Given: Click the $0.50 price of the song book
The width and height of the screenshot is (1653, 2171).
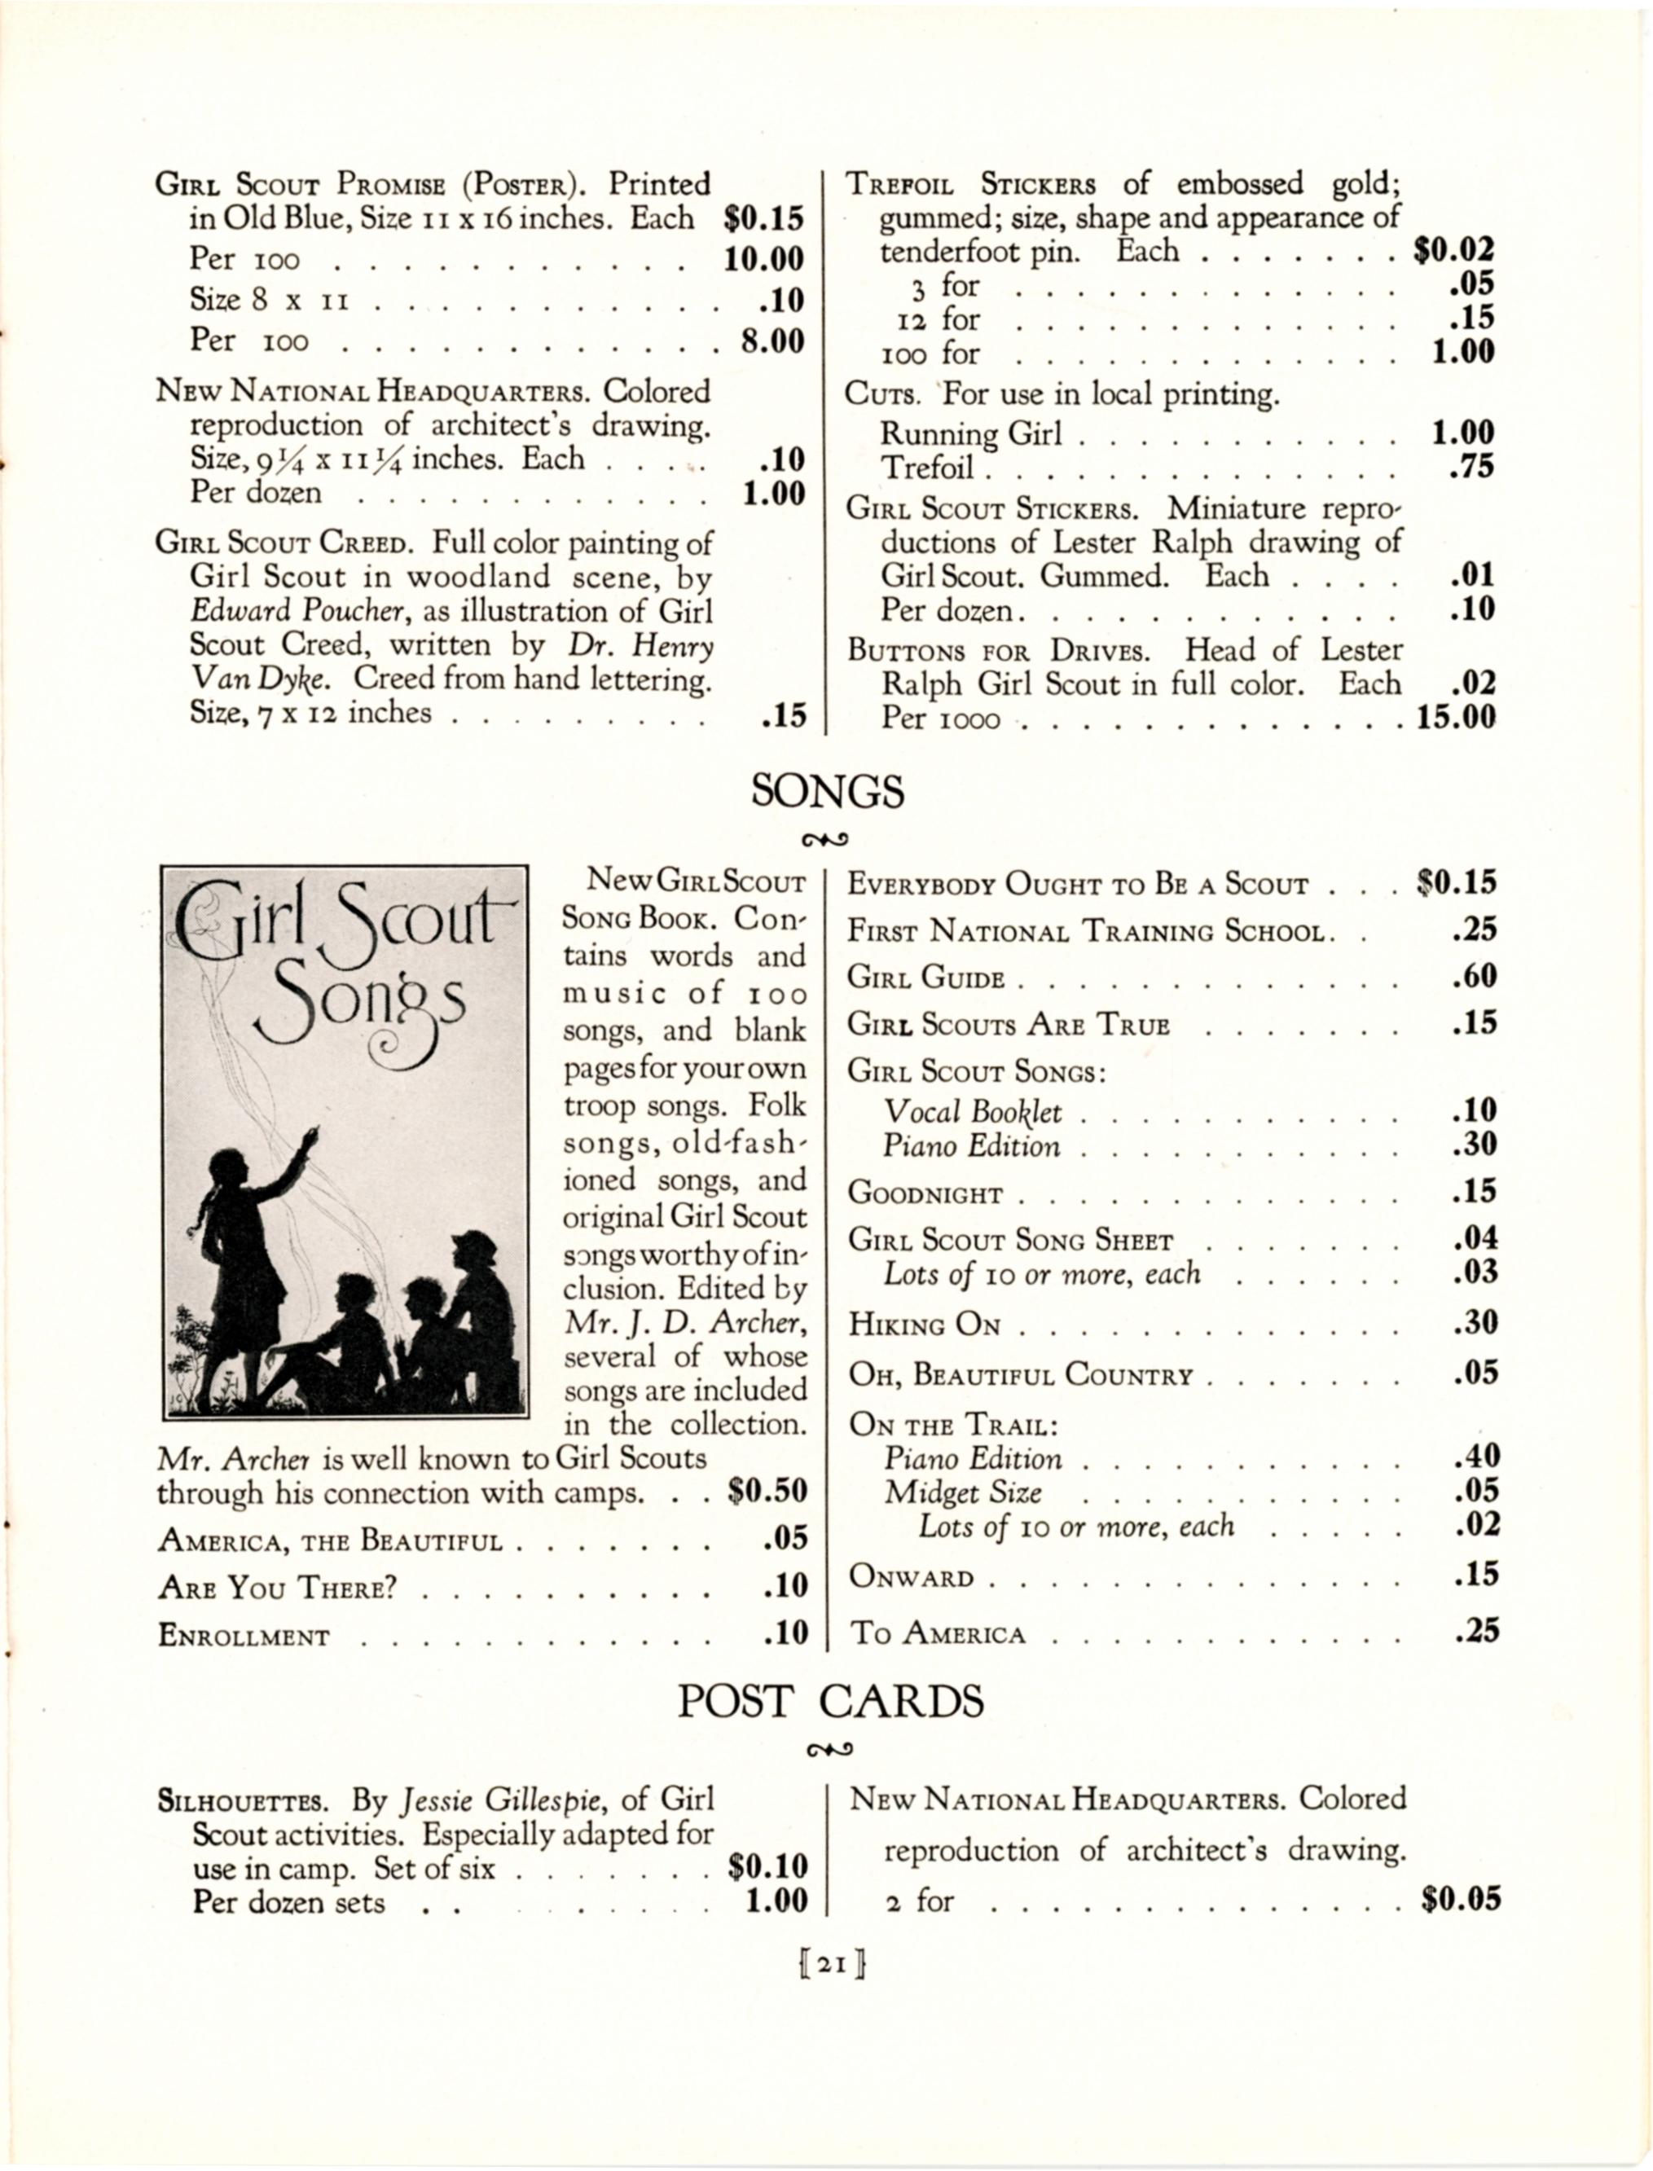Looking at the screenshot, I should coord(767,1492).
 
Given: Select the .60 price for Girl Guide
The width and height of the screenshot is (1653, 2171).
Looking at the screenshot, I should coord(1474,977).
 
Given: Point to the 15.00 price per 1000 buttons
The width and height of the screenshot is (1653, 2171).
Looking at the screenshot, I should coord(1455,717).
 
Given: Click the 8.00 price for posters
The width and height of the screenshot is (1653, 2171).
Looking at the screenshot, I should coord(772,341).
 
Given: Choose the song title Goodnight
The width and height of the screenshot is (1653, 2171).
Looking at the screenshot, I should coord(925,1194).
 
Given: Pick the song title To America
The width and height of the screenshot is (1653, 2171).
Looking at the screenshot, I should coord(938,1634).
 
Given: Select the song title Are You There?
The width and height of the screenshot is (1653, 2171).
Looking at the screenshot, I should coord(276,1587).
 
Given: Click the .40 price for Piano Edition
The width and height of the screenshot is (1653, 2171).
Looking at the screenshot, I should coord(1475,1456).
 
